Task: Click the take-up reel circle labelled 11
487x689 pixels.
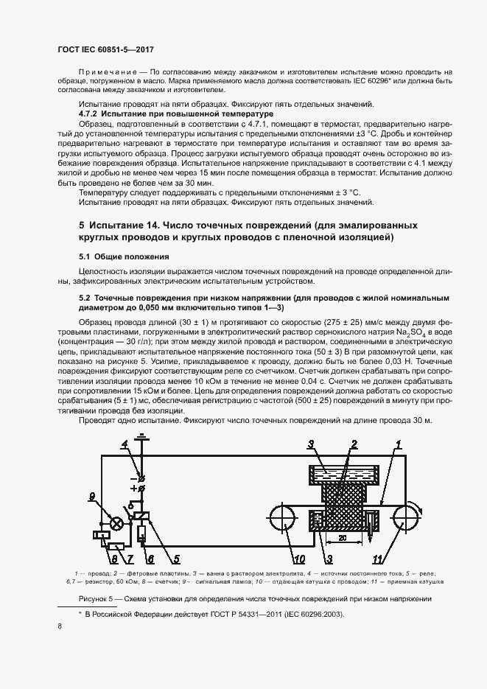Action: click(408, 516)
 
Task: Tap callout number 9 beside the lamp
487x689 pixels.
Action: click(93, 495)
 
